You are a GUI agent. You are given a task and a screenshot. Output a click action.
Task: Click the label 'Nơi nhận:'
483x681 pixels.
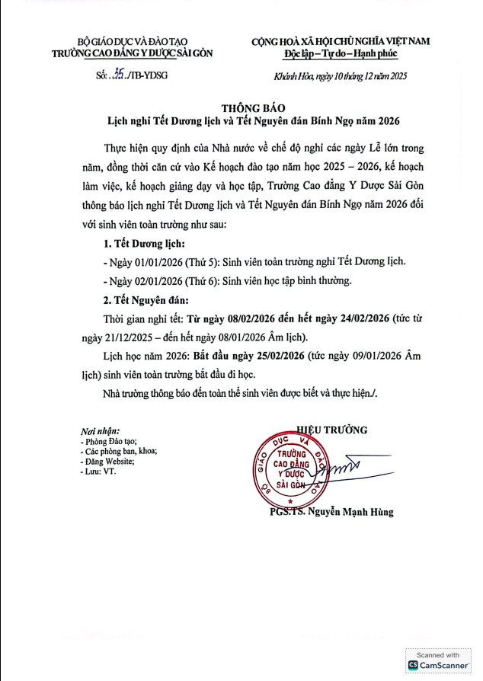click(x=99, y=430)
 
